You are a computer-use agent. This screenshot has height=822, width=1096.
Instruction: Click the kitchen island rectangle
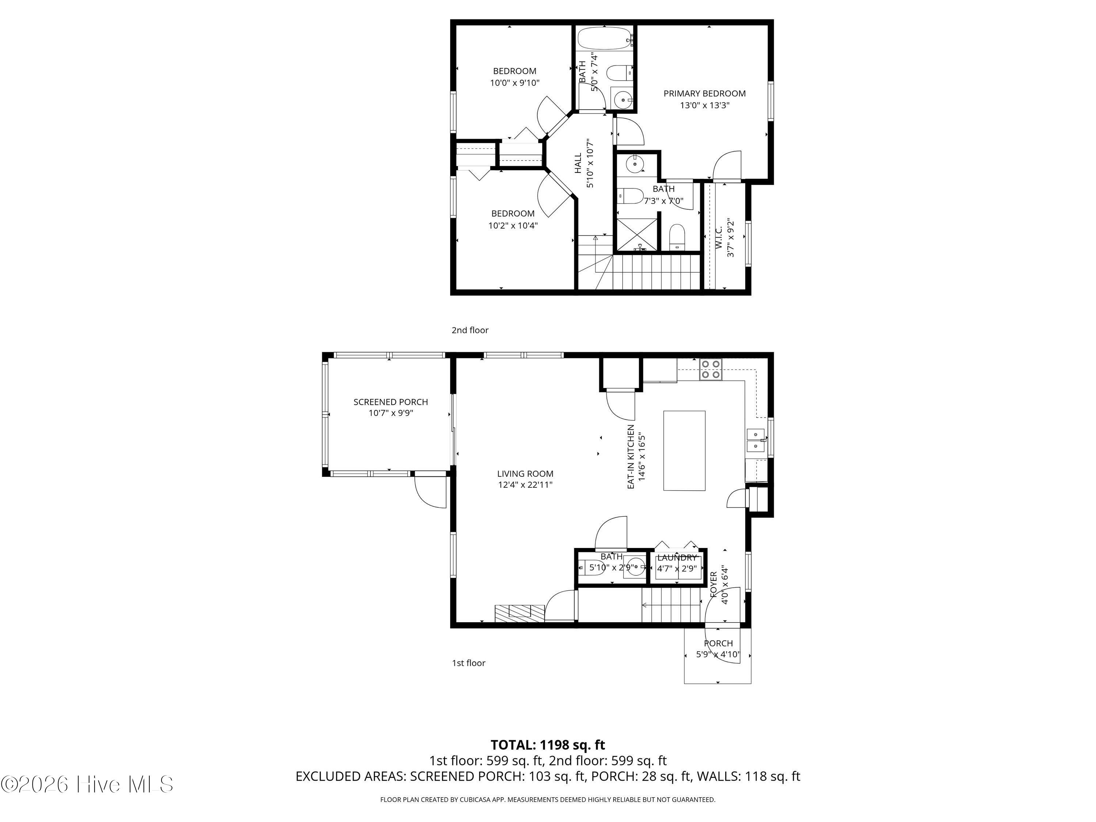click(684, 450)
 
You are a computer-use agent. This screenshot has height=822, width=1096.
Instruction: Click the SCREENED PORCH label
click(391, 402)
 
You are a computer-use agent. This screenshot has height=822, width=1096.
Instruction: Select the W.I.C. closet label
click(719, 237)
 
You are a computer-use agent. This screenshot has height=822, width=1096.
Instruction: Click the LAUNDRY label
click(677, 558)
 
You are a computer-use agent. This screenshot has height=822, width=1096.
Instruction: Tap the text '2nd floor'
click(470, 330)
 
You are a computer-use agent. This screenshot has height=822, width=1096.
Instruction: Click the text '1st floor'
click(468, 663)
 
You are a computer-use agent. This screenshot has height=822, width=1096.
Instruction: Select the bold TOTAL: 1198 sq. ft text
click(548, 745)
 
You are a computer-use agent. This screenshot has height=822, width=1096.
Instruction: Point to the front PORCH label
click(718, 643)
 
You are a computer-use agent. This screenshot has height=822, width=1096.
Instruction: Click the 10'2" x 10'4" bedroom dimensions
click(513, 226)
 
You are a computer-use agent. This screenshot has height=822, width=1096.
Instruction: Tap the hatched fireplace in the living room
click(519, 613)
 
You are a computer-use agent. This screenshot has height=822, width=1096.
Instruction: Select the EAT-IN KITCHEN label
click(631, 456)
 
